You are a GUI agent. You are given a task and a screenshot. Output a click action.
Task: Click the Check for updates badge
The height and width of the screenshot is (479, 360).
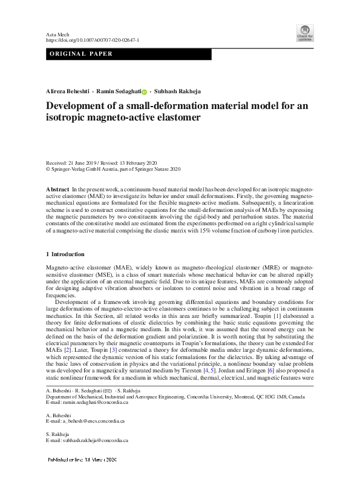tap(304, 33)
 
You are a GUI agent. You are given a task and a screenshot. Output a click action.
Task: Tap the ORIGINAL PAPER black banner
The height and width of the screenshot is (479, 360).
tap(129, 54)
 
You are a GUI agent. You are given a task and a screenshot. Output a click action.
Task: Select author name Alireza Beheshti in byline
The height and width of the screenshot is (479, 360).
tap(67, 92)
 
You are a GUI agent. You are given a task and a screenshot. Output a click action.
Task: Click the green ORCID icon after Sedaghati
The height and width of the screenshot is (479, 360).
tap(145, 93)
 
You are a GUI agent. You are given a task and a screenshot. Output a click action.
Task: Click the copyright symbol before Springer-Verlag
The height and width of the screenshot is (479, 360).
tap(48, 170)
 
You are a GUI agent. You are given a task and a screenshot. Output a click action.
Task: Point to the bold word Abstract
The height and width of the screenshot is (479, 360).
tap(57, 190)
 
